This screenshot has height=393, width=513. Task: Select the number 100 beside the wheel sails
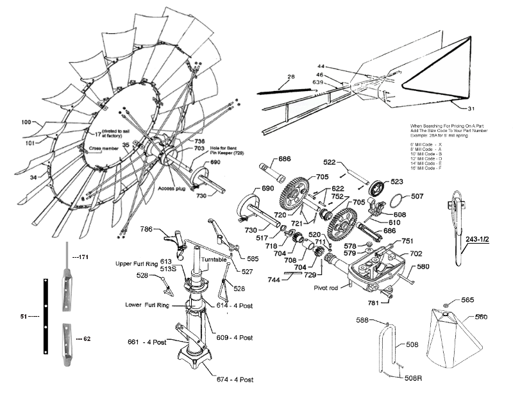(26, 121)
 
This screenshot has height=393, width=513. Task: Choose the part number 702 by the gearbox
(416, 254)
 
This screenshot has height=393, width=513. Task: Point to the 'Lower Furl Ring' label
(147, 305)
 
